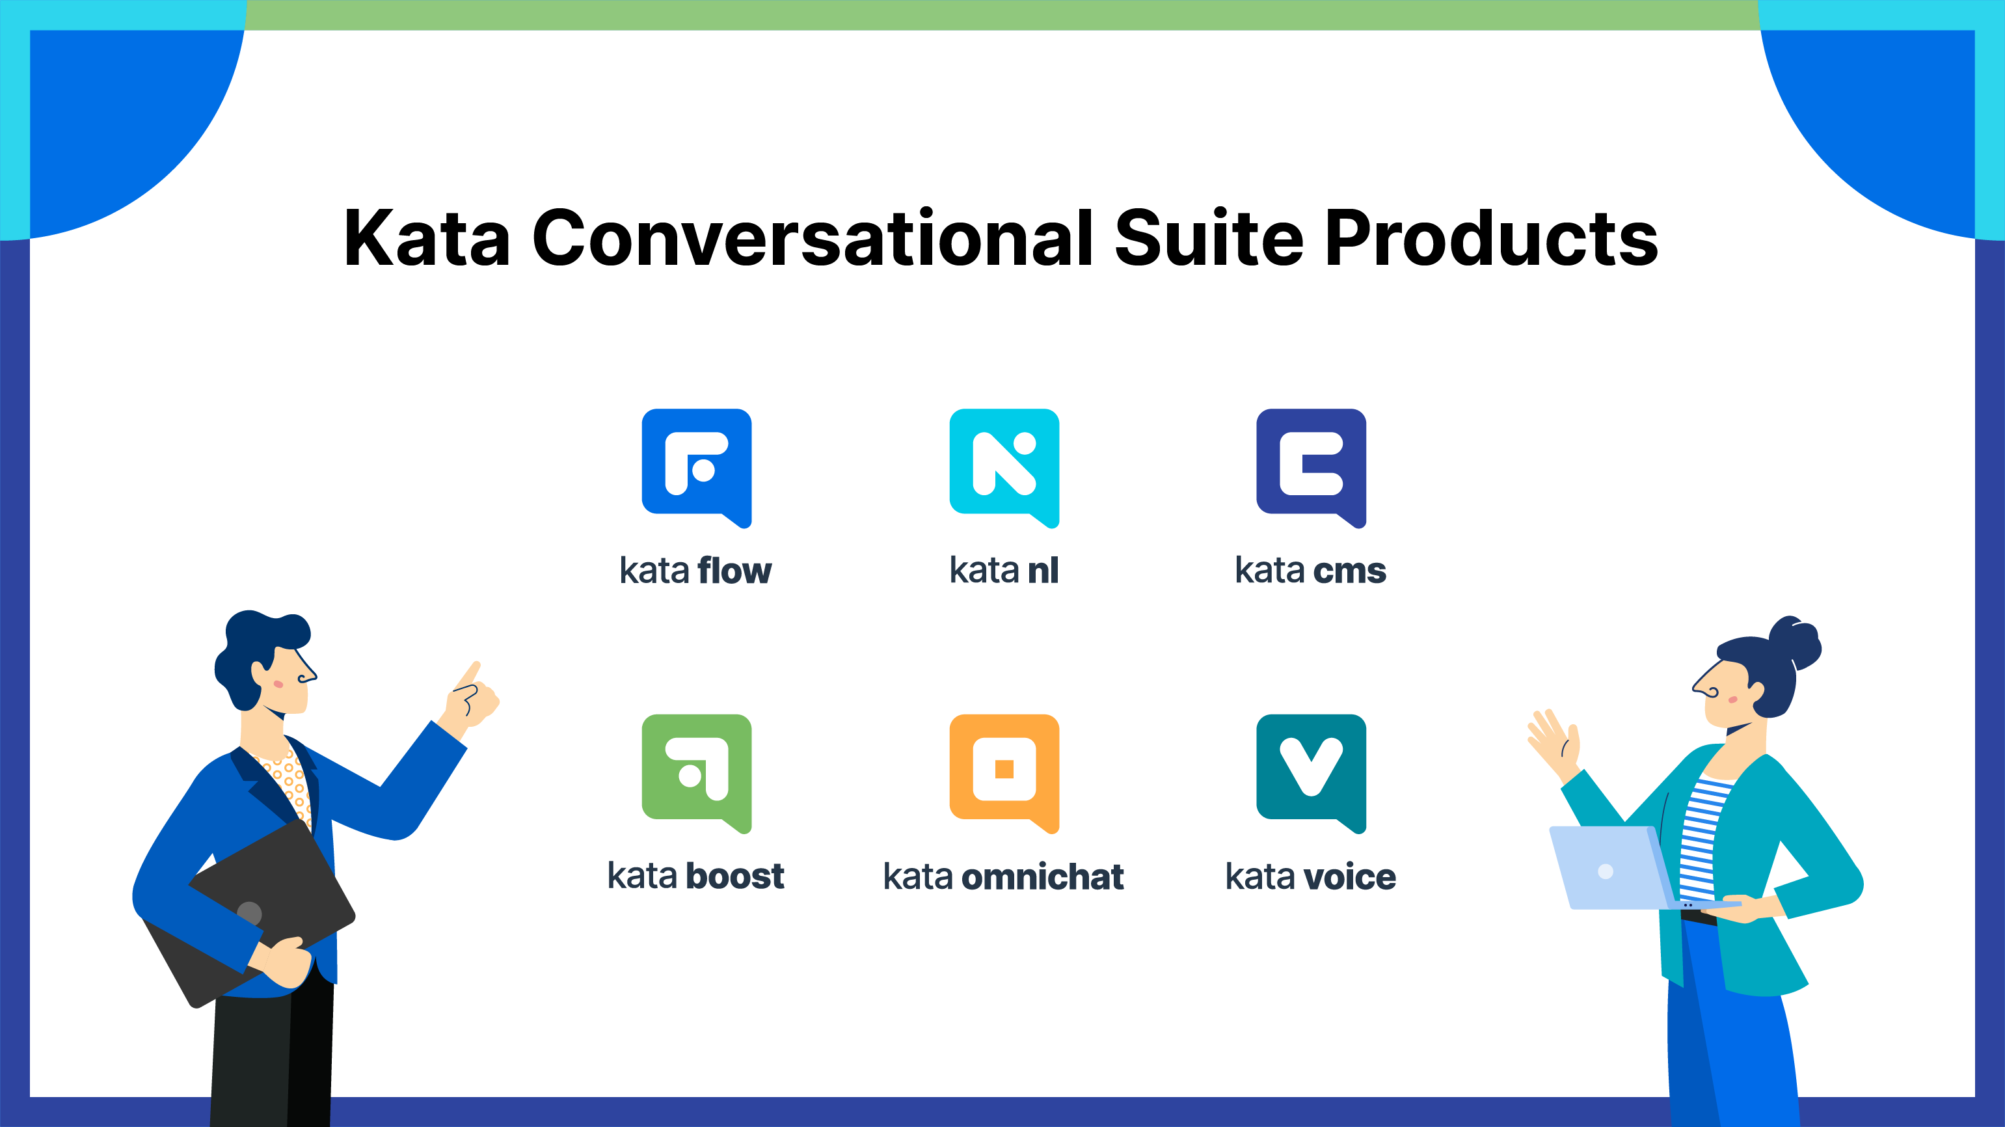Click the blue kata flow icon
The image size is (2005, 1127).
(697, 468)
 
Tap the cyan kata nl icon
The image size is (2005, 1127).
(1004, 468)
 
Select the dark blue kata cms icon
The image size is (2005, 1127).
(1311, 468)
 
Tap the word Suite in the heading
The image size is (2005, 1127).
(1208, 238)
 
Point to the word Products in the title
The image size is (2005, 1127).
(1491, 238)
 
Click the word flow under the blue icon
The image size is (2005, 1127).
(734, 571)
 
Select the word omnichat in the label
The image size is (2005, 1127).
(1043, 876)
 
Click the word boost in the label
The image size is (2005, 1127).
(734, 876)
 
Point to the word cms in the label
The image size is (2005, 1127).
(1350, 571)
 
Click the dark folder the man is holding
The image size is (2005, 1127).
(249, 914)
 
